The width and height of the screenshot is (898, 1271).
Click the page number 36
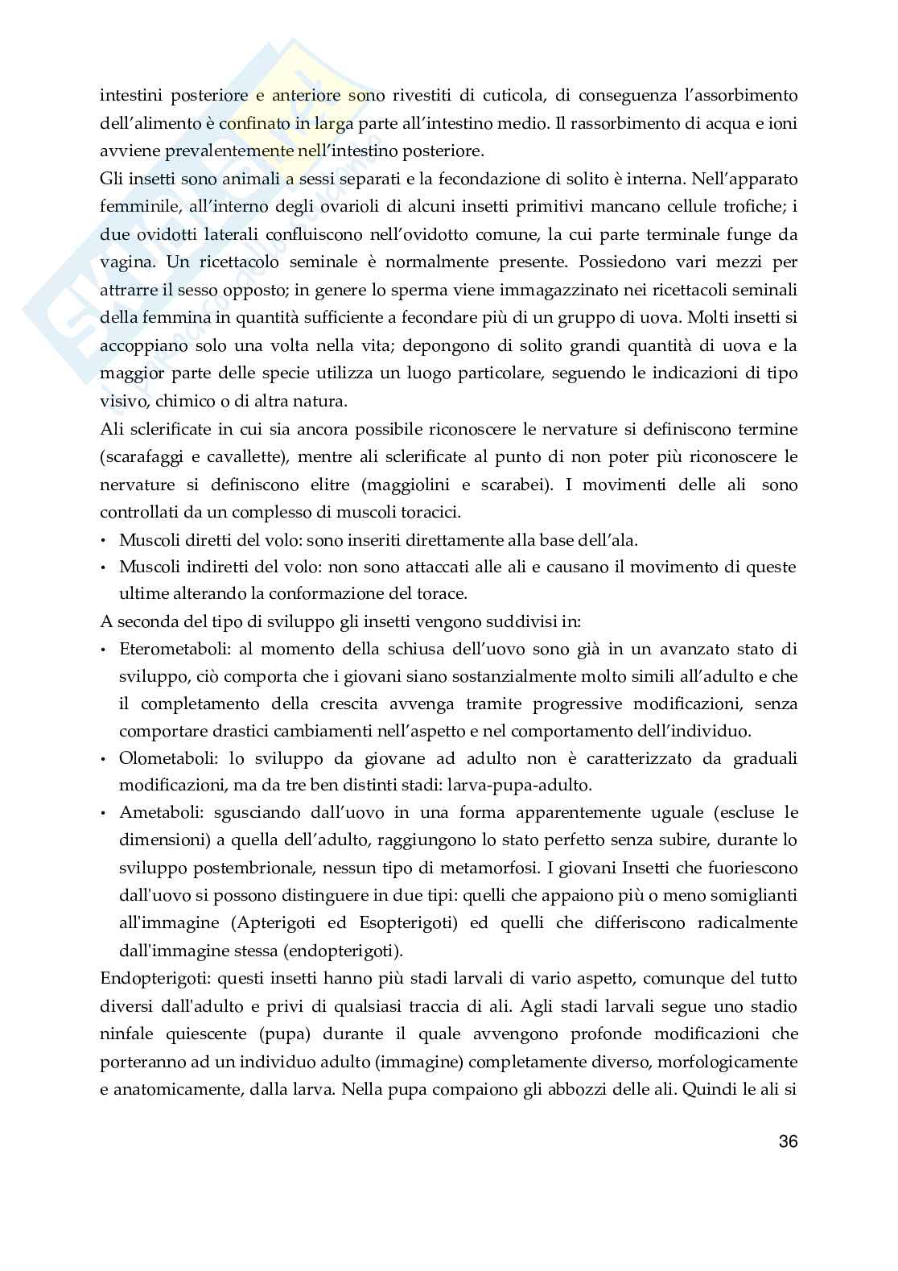[x=788, y=1141]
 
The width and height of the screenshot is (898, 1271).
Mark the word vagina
[x=125, y=262]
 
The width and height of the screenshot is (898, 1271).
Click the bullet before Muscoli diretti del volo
[x=105, y=541]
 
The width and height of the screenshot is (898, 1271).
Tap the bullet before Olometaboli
[x=105, y=759]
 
